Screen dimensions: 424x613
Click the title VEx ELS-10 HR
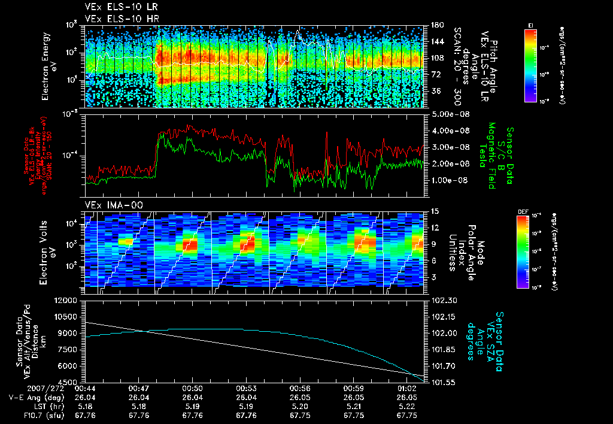(117, 19)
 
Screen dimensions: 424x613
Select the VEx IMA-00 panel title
(110, 205)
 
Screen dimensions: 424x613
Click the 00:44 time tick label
(83, 388)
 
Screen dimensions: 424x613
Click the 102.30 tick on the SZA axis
(443, 300)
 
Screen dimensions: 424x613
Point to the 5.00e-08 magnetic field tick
(449, 114)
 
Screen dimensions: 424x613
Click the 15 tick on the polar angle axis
(435, 211)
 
